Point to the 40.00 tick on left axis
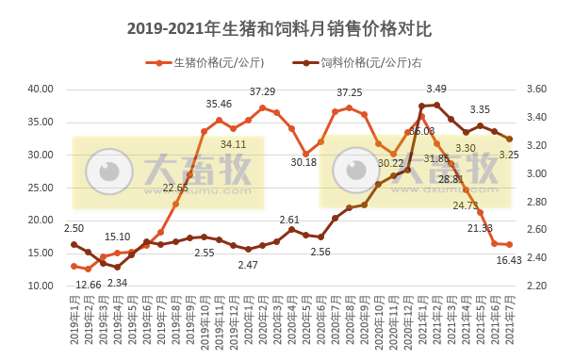tap(39, 89)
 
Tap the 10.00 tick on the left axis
tap(39, 286)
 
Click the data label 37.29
tap(262, 91)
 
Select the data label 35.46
tap(219, 104)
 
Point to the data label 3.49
tap(436, 89)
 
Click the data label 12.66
tap(89, 285)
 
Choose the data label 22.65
tap(174, 188)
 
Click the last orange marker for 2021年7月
tap(509, 245)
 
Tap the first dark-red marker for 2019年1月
tap(74, 244)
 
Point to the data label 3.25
tap(509, 155)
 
